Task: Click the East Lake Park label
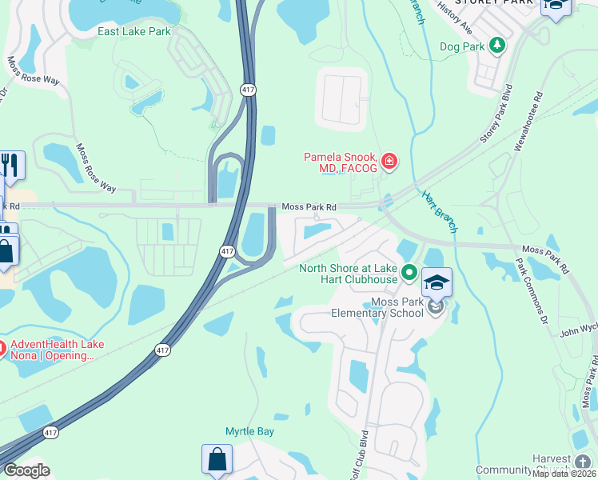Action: click(134, 31)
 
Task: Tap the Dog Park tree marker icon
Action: click(498, 46)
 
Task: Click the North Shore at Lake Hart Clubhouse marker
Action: click(409, 274)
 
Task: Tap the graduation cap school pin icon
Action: click(437, 283)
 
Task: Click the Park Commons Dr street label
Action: click(532, 287)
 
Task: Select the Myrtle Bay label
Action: click(249, 431)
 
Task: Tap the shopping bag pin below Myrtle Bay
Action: click(217, 459)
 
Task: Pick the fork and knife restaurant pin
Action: click(10, 165)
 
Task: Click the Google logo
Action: click(26, 470)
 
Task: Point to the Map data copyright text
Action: click(564, 474)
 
